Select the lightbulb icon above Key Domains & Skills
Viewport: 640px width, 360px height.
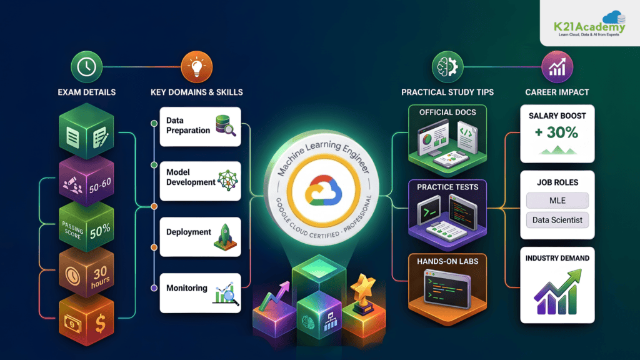point(196,65)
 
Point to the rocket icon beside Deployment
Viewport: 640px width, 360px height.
point(224,234)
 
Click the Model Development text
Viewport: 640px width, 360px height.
point(191,177)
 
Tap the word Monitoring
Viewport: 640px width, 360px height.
point(187,288)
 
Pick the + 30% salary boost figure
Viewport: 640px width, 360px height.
point(557,132)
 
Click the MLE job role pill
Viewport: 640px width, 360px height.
point(557,201)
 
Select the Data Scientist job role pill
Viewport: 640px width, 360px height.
point(557,220)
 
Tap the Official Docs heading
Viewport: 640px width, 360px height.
point(447,112)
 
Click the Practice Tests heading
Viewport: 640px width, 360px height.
point(447,187)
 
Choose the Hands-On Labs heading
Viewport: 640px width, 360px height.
point(447,262)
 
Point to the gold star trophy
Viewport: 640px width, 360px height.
point(364,289)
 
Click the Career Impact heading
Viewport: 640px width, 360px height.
point(557,92)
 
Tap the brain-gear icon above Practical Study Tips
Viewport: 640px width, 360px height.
point(447,66)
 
